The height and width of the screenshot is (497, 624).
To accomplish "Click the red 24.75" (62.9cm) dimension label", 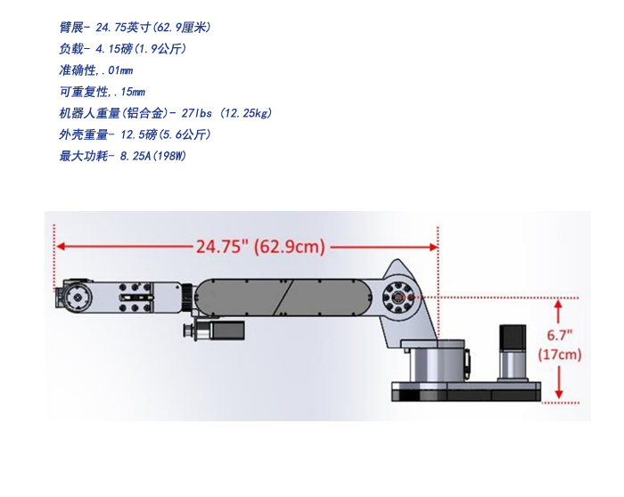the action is tap(260, 247).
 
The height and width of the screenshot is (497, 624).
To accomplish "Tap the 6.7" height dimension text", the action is tap(559, 335).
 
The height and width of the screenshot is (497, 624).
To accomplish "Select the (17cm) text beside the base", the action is tap(560, 354).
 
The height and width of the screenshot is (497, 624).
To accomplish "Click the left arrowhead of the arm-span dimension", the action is tap(61, 246).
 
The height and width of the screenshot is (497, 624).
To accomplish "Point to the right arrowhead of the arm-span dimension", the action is tap(434, 247).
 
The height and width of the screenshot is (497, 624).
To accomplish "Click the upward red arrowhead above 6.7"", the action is tap(559, 304).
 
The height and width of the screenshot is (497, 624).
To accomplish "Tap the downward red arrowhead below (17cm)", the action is tap(559, 394).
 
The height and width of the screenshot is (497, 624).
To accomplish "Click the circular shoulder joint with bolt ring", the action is tap(398, 297).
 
